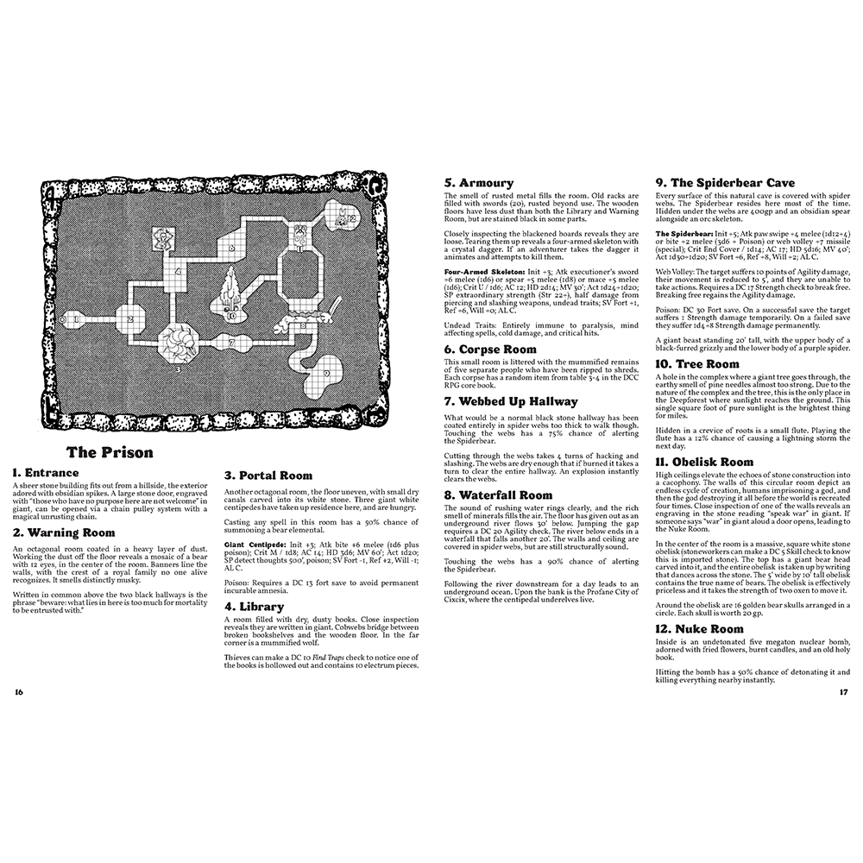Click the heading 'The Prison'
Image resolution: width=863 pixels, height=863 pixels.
110,452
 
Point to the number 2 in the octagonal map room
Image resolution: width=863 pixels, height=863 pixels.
130,319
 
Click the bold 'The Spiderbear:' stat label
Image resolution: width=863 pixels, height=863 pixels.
685,233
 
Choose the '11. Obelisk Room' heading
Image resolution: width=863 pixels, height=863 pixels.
704,462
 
